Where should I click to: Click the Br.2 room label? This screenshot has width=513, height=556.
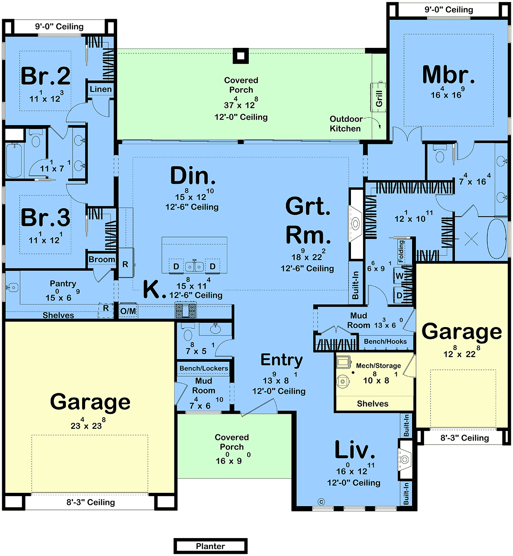[x=46, y=76]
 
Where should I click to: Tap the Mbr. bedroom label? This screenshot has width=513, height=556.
[x=448, y=75]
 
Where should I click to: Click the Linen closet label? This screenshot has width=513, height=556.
[x=101, y=89]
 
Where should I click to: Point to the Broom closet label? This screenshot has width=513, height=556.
[x=102, y=260]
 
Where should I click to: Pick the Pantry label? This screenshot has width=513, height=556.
[x=63, y=284]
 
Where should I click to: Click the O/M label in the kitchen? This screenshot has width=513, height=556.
[x=128, y=311]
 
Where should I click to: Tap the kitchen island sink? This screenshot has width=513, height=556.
[x=195, y=266]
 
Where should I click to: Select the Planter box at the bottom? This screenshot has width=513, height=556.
[x=210, y=546]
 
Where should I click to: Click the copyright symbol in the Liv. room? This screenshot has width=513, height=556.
[x=322, y=502]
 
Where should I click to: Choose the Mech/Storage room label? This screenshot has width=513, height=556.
[x=378, y=366]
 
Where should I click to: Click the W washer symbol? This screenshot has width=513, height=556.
[x=399, y=276]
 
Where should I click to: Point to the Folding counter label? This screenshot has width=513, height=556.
[x=401, y=251]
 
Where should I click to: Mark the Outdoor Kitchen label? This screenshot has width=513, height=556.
[x=345, y=124]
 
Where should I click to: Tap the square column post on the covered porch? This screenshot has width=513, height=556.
[x=241, y=56]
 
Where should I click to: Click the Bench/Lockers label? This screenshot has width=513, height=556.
[x=203, y=369]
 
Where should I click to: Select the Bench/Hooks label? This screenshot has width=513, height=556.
[x=385, y=342]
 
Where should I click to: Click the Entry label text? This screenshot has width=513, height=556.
[x=282, y=360]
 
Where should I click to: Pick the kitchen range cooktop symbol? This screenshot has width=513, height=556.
[x=186, y=310]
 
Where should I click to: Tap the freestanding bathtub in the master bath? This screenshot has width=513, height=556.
[x=497, y=239]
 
